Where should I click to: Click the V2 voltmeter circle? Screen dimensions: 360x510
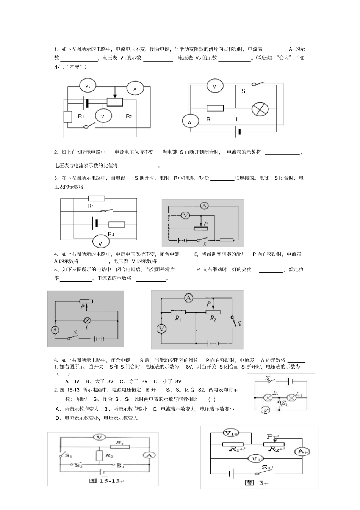coord(88,86)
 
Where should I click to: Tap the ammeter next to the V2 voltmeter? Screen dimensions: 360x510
coord(135,89)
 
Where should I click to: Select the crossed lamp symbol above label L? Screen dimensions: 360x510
coord(260,109)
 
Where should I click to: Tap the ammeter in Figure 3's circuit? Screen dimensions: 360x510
coord(302,451)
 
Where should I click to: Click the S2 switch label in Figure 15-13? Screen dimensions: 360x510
coord(79,465)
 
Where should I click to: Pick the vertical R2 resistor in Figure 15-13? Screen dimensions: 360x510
coord(99,455)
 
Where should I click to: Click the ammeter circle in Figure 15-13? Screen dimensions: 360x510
coord(149,455)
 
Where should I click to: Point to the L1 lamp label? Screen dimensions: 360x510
coord(275,392)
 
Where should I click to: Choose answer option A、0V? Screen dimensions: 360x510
coord(72,381)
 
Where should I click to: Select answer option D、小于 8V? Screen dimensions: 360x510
coord(167,381)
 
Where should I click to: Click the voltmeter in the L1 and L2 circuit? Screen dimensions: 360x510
coord(266,410)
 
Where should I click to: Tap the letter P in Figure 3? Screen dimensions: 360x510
coord(270,437)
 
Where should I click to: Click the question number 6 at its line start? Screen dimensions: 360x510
coord(56,360)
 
